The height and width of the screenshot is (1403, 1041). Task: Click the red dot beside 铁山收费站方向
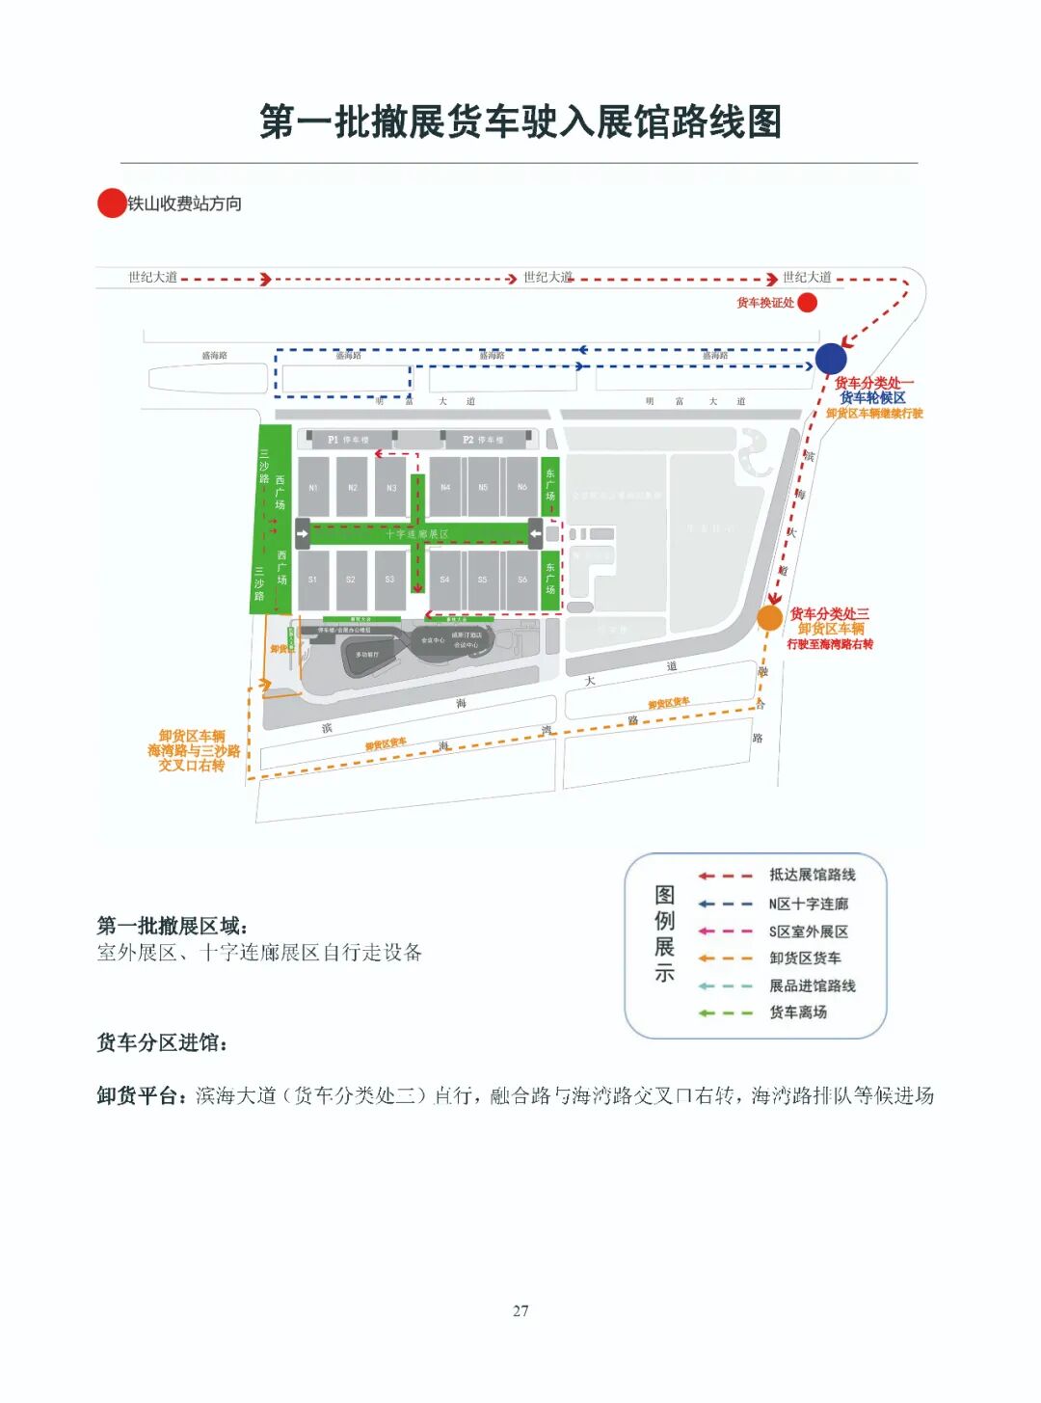pos(112,203)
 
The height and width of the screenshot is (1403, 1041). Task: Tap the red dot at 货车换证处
pos(808,303)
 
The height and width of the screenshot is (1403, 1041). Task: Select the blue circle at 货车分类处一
pos(830,359)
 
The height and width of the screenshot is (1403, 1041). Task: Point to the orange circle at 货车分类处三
pos(769,618)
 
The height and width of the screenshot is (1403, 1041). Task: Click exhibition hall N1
pos(313,488)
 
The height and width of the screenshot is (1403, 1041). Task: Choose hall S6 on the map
pos(522,580)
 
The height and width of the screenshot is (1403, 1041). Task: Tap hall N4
pos(445,488)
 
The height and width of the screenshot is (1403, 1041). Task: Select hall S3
pos(389,580)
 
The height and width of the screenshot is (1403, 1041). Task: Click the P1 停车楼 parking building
pos(348,440)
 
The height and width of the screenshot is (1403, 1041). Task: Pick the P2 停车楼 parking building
pos(483,440)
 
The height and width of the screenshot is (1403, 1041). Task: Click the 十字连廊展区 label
pos(417,533)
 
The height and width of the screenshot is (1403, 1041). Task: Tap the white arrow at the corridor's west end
pos(303,532)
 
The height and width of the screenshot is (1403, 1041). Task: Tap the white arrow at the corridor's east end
pos(535,532)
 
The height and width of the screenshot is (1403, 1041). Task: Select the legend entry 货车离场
pos(798,1012)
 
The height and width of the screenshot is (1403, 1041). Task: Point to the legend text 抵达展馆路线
pos(812,875)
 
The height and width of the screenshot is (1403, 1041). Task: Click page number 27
pos(520,1310)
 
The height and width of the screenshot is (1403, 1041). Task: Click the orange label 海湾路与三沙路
pos(194,750)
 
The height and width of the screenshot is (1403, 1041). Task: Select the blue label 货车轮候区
pos(872,397)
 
